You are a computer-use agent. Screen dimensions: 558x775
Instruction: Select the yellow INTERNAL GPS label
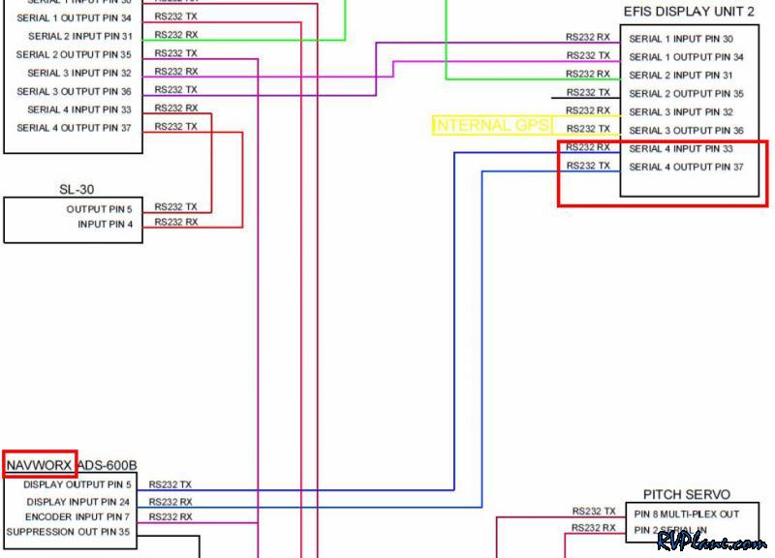tap(492, 126)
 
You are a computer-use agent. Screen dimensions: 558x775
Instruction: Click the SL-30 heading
tap(76, 189)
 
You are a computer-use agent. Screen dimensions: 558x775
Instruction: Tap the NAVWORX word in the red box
tap(40, 466)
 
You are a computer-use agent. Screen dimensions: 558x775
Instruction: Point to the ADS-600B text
tap(108, 466)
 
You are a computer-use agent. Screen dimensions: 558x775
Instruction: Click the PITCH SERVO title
tap(686, 494)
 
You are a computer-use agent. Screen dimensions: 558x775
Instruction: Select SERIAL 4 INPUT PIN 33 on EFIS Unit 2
tap(681, 149)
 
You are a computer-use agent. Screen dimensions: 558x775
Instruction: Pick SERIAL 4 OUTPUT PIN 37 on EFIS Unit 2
tap(686, 168)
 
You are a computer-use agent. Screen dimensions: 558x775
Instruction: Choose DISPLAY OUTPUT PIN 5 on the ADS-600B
tap(77, 484)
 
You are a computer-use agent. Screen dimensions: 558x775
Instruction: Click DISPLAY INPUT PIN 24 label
tap(77, 502)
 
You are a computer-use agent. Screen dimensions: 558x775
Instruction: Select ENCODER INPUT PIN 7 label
tap(77, 517)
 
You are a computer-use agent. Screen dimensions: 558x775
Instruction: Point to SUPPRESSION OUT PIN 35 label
tap(69, 532)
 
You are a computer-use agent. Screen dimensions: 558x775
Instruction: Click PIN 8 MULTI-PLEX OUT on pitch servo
tap(687, 513)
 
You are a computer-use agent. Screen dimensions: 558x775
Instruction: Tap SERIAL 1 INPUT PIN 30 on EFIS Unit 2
tap(681, 40)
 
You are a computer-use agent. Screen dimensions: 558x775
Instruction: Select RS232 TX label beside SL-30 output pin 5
tap(175, 207)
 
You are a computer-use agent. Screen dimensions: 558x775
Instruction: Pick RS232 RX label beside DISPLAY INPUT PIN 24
tap(170, 502)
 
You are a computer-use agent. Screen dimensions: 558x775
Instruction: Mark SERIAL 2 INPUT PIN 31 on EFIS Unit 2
tap(681, 76)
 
